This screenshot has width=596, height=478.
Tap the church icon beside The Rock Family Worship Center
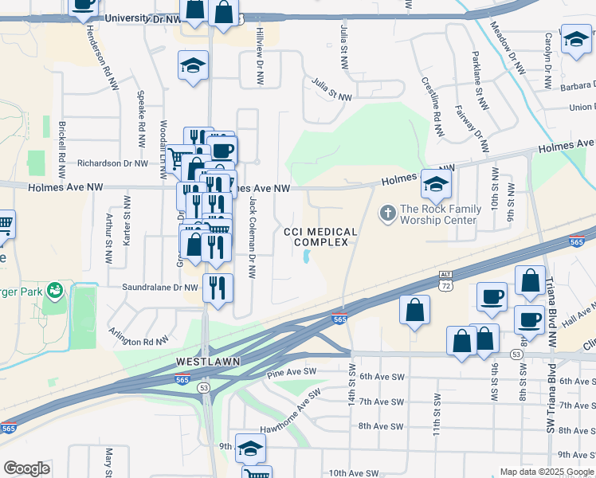(x=388, y=213)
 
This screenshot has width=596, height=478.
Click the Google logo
(x=26, y=468)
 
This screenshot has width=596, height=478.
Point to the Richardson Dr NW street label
(x=112, y=163)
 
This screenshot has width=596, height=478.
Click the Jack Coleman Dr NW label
(x=253, y=237)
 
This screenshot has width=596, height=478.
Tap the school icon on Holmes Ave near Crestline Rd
(x=437, y=186)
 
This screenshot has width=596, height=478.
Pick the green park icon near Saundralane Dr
(x=55, y=289)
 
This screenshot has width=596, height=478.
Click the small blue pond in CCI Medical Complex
(x=307, y=257)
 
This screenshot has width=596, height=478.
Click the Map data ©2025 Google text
(x=544, y=471)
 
